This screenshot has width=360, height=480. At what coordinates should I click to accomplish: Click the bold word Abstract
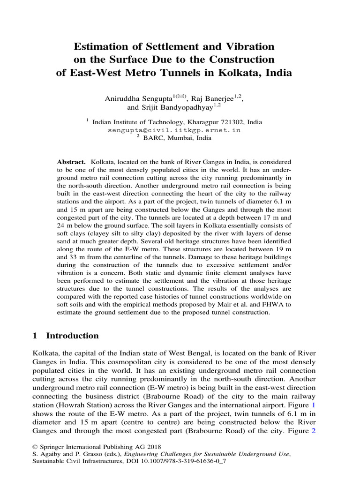tap(70, 161)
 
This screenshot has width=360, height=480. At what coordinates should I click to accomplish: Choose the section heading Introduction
tap(71, 336)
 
